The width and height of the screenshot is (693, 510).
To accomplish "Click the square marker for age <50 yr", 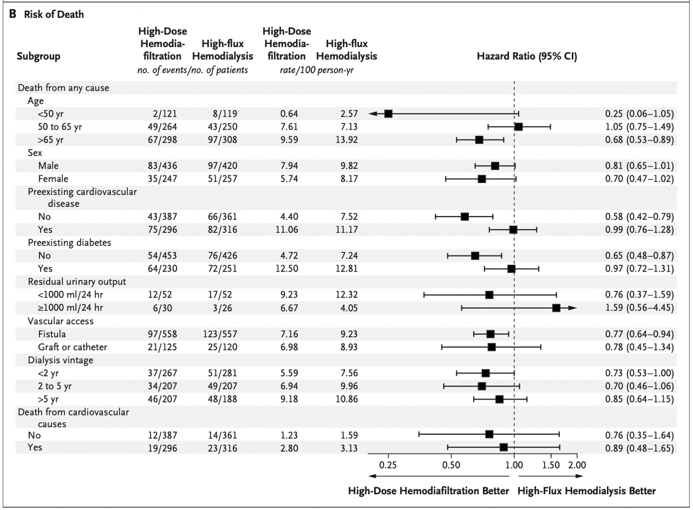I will (388, 114).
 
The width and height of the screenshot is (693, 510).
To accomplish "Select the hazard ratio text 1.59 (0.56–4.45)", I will (639, 308).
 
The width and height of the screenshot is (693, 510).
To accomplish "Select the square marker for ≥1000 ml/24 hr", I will (556, 308).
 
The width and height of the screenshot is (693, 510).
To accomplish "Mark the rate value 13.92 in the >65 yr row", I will (345, 139).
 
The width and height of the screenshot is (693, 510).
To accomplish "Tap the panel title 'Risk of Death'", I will (50, 15).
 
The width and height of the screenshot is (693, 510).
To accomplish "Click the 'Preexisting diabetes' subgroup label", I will (69, 243).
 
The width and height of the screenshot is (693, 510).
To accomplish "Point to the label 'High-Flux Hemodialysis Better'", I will (587, 491).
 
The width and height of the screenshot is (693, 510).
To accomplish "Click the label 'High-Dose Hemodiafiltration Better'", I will (429, 491).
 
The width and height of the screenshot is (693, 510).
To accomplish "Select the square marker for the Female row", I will (482, 178).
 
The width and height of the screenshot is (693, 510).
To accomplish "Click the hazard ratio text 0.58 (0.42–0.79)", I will (639, 217).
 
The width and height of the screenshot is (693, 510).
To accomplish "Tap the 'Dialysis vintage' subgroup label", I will (61, 359).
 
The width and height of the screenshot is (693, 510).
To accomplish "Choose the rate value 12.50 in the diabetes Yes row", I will (289, 269).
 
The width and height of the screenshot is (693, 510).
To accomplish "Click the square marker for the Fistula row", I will (490, 334).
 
